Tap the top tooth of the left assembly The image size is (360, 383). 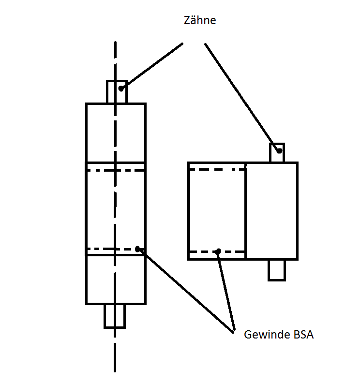pyautogui.click(x=117, y=92)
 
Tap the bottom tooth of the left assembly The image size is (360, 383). pyautogui.click(x=115, y=316)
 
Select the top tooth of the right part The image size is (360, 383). pyautogui.click(x=277, y=153)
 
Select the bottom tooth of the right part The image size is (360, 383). pyautogui.click(x=277, y=270)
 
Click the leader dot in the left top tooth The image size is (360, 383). pyautogui.click(x=121, y=88)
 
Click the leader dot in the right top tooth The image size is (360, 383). pyautogui.click(x=279, y=151)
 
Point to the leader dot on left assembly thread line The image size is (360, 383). pyautogui.click(x=138, y=249)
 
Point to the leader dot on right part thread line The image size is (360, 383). pyautogui.click(x=218, y=251)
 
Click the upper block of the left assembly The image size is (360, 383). pyautogui.click(x=116, y=133)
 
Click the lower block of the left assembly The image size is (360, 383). pyautogui.click(x=116, y=279)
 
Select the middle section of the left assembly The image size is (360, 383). pyautogui.click(x=116, y=209)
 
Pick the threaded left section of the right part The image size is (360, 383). pyautogui.click(x=217, y=211)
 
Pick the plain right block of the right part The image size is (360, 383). pyautogui.click(x=271, y=211)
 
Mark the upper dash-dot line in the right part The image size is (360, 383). pyautogui.click(x=217, y=169)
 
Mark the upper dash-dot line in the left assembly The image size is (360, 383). pyautogui.click(x=116, y=170)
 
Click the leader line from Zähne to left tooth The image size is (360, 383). pyautogui.click(x=152, y=65)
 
